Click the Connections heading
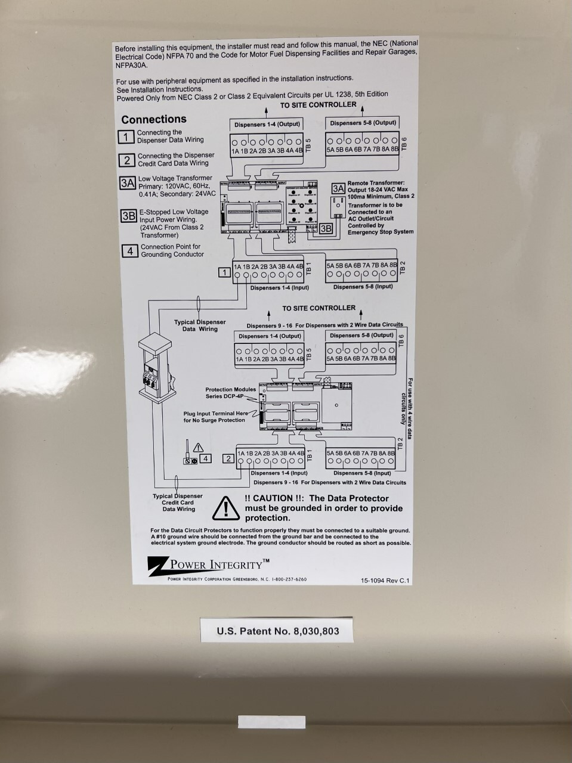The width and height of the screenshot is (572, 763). [x=154, y=119]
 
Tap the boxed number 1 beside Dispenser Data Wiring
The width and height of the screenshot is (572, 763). [x=126, y=137]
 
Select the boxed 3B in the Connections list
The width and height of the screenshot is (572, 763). [x=128, y=216]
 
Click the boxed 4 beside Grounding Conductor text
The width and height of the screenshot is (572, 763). [x=130, y=251]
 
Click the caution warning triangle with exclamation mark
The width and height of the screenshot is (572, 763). [x=227, y=507]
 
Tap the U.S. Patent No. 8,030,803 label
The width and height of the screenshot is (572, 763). [x=278, y=631]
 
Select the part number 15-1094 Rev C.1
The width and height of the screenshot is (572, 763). [x=385, y=580]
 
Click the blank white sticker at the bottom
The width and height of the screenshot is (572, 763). [x=271, y=722]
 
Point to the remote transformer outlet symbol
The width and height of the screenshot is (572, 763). [x=337, y=205]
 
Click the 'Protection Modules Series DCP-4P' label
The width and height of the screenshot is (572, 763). [x=231, y=393]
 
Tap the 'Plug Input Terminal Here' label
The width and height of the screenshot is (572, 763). [x=215, y=417]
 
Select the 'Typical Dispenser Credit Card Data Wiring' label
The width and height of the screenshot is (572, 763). [x=178, y=503]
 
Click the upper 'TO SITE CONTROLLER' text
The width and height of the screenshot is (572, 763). [x=318, y=105]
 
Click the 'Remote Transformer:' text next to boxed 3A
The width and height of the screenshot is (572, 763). [x=376, y=183]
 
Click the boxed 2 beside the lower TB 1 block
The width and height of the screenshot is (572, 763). [x=228, y=458]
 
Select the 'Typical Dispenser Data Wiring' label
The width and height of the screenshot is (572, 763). [x=200, y=325]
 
